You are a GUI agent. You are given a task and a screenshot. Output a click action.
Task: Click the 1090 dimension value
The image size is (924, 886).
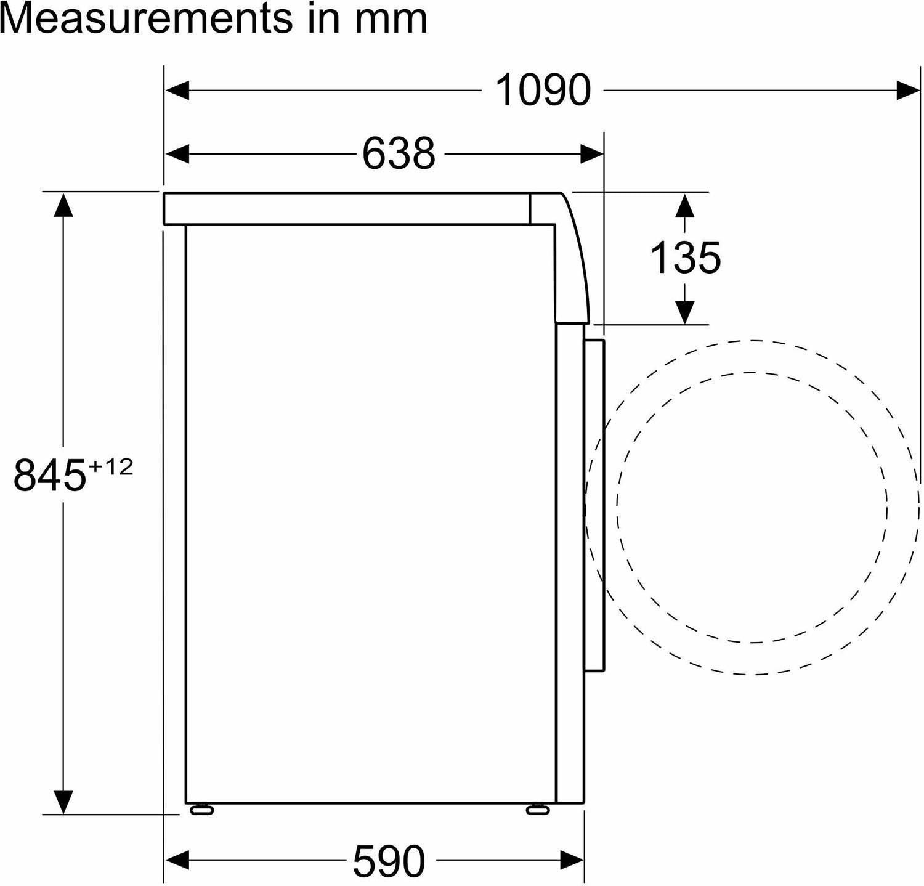coord(543,91)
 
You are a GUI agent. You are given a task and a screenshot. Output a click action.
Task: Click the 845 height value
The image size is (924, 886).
coord(49,475)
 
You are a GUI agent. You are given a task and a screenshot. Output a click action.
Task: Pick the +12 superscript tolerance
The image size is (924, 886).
coord(110,468)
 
